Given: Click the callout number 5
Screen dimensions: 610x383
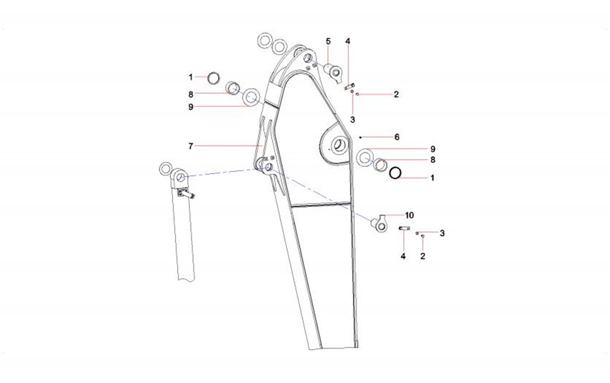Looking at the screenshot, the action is point(328,41).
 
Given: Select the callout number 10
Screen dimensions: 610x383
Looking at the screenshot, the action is point(410,215).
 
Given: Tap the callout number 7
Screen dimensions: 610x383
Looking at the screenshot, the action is point(190,146).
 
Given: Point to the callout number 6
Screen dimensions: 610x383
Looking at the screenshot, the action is point(397,137).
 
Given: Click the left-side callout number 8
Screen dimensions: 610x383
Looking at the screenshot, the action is point(190,94).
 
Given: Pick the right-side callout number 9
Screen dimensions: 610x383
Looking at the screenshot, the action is point(433,149).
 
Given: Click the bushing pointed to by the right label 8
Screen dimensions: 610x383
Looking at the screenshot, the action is point(380,165).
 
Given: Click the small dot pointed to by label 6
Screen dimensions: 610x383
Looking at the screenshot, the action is point(361,137).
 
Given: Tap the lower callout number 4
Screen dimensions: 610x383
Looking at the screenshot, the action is point(403,256).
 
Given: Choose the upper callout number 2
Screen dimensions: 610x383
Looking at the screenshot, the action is point(396,94).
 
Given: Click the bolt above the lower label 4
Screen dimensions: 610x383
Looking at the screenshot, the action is point(403,229).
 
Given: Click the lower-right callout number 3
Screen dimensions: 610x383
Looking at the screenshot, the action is point(442,233).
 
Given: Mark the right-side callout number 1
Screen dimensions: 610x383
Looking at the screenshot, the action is point(432,178).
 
